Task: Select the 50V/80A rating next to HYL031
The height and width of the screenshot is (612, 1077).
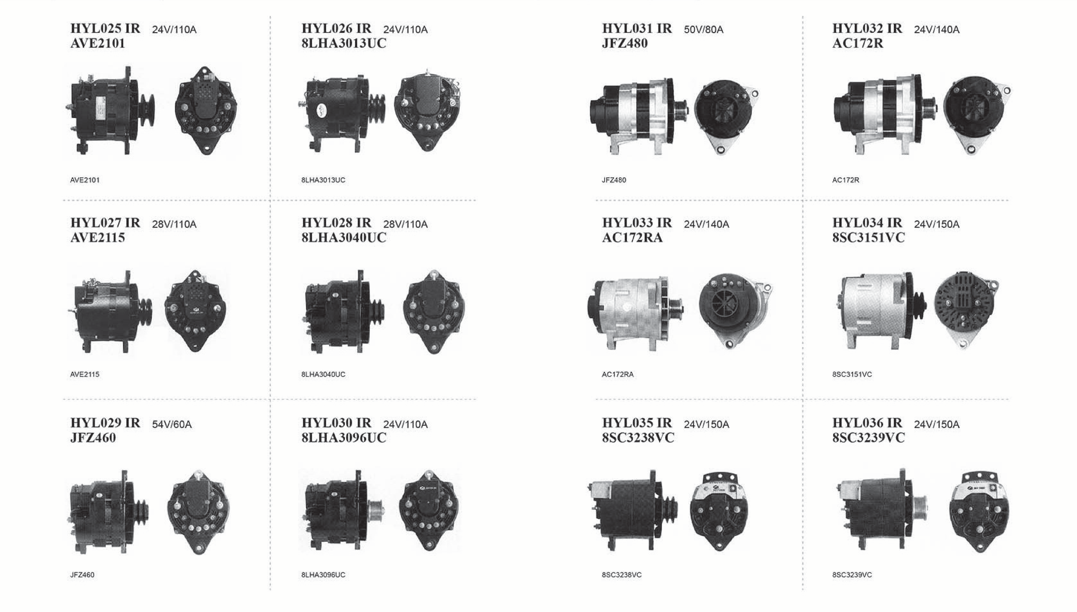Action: pyautogui.click(x=704, y=29)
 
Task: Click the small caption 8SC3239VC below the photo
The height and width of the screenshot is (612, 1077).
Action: pyautogui.click(x=852, y=575)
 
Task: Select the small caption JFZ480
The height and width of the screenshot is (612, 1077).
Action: pyautogui.click(x=614, y=180)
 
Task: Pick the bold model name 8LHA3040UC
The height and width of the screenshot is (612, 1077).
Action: pyautogui.click(x=344, y=238)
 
